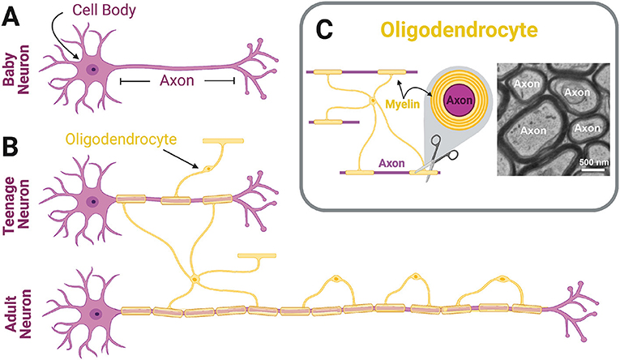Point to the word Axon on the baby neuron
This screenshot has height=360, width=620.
pyautogui.click(x=177, y=81)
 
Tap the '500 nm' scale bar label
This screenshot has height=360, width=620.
pyautogui.click(x=595, y=161)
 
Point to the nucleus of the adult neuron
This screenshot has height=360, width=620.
pyautogui.click(x=96, y=311)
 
